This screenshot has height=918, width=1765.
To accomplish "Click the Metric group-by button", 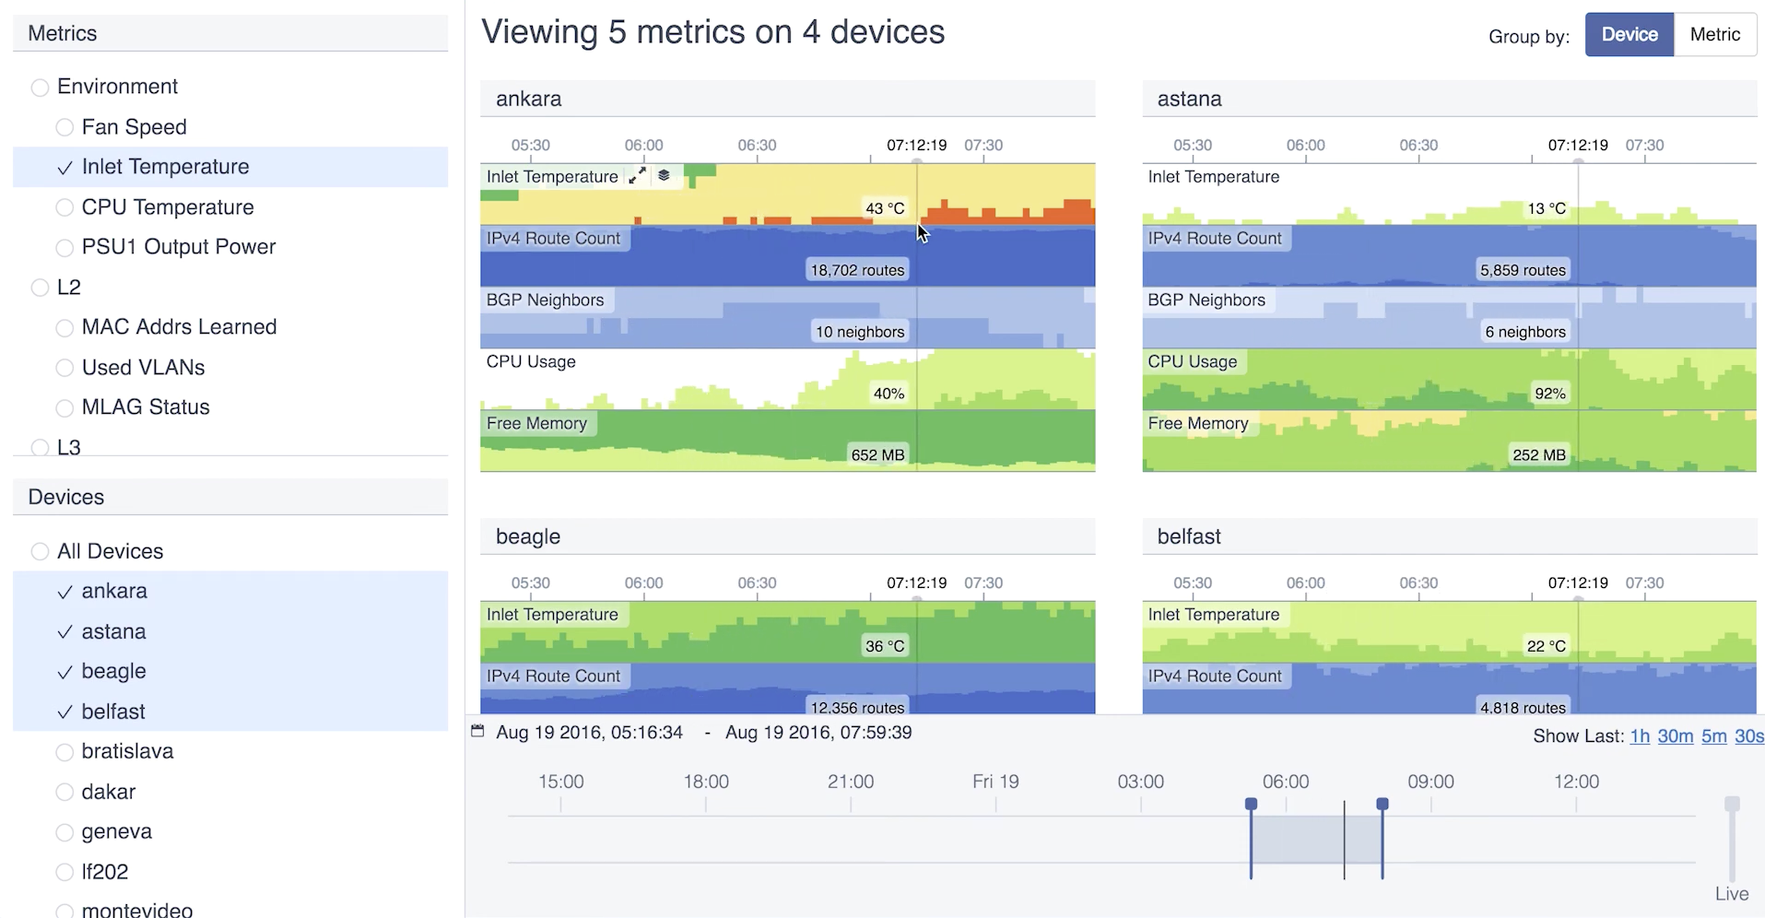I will click(1714, 35).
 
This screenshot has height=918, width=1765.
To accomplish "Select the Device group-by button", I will click(1629, 35).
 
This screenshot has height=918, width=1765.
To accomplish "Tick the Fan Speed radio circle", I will click(65, 127).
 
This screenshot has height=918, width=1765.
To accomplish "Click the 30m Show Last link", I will click(1675, 736).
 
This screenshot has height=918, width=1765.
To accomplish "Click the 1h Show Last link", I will click(1640, 736).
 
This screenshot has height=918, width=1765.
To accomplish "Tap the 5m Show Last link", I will click(1713, 736).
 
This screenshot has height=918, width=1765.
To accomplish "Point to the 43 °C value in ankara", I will click(885, 208).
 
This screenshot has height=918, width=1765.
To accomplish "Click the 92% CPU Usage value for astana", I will click(1549, 394).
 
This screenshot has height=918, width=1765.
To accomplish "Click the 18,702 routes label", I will click(857, 270).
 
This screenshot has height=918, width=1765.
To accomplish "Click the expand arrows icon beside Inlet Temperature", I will click(637, 176).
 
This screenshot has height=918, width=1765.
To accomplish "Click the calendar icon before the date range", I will click(477, 731).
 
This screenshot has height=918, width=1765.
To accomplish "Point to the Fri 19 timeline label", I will click(995, 782).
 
